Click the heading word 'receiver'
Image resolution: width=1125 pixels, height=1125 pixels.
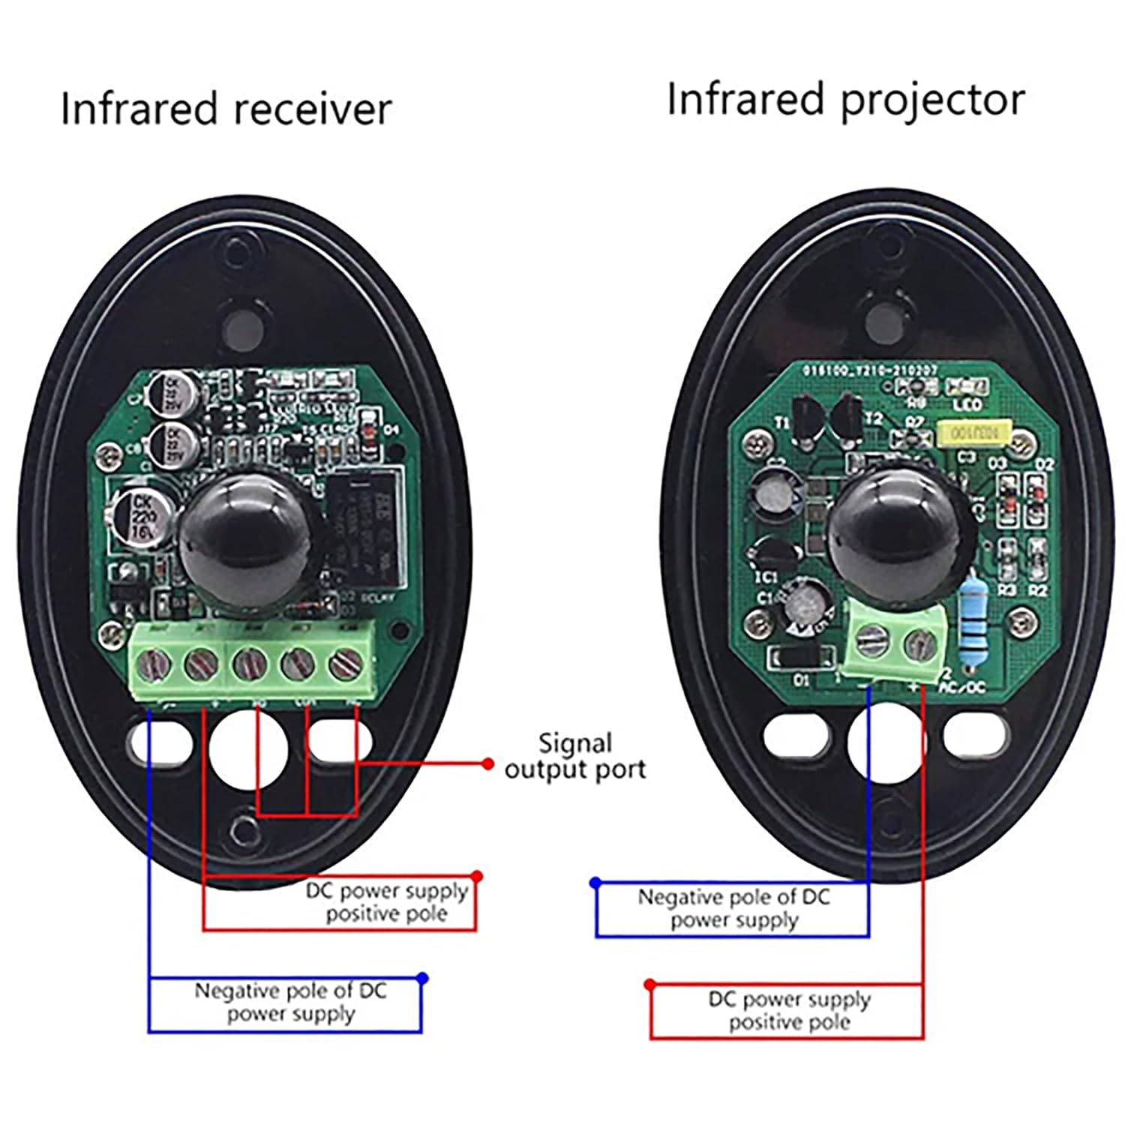click(x=313, y=109)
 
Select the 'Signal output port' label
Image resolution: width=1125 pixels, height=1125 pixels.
click(x=575, y=756)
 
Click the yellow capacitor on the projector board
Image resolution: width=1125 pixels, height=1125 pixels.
click(x=973, y=433)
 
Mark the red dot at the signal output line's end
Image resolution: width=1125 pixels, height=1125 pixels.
click(x=488, y=764)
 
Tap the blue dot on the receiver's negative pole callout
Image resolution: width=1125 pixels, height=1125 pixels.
click(x=422, y=978)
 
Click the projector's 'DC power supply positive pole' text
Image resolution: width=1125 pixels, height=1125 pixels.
click(x=789, y=1010)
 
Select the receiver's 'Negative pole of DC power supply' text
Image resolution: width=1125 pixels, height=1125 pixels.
click(x=290, y=1002)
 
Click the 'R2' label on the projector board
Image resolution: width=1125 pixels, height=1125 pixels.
click(x=1037, y=590)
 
